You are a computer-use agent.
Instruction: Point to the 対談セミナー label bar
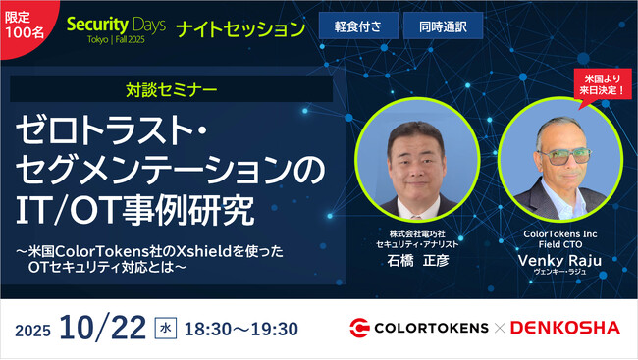pyautogui.click(x=172, y=90)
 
